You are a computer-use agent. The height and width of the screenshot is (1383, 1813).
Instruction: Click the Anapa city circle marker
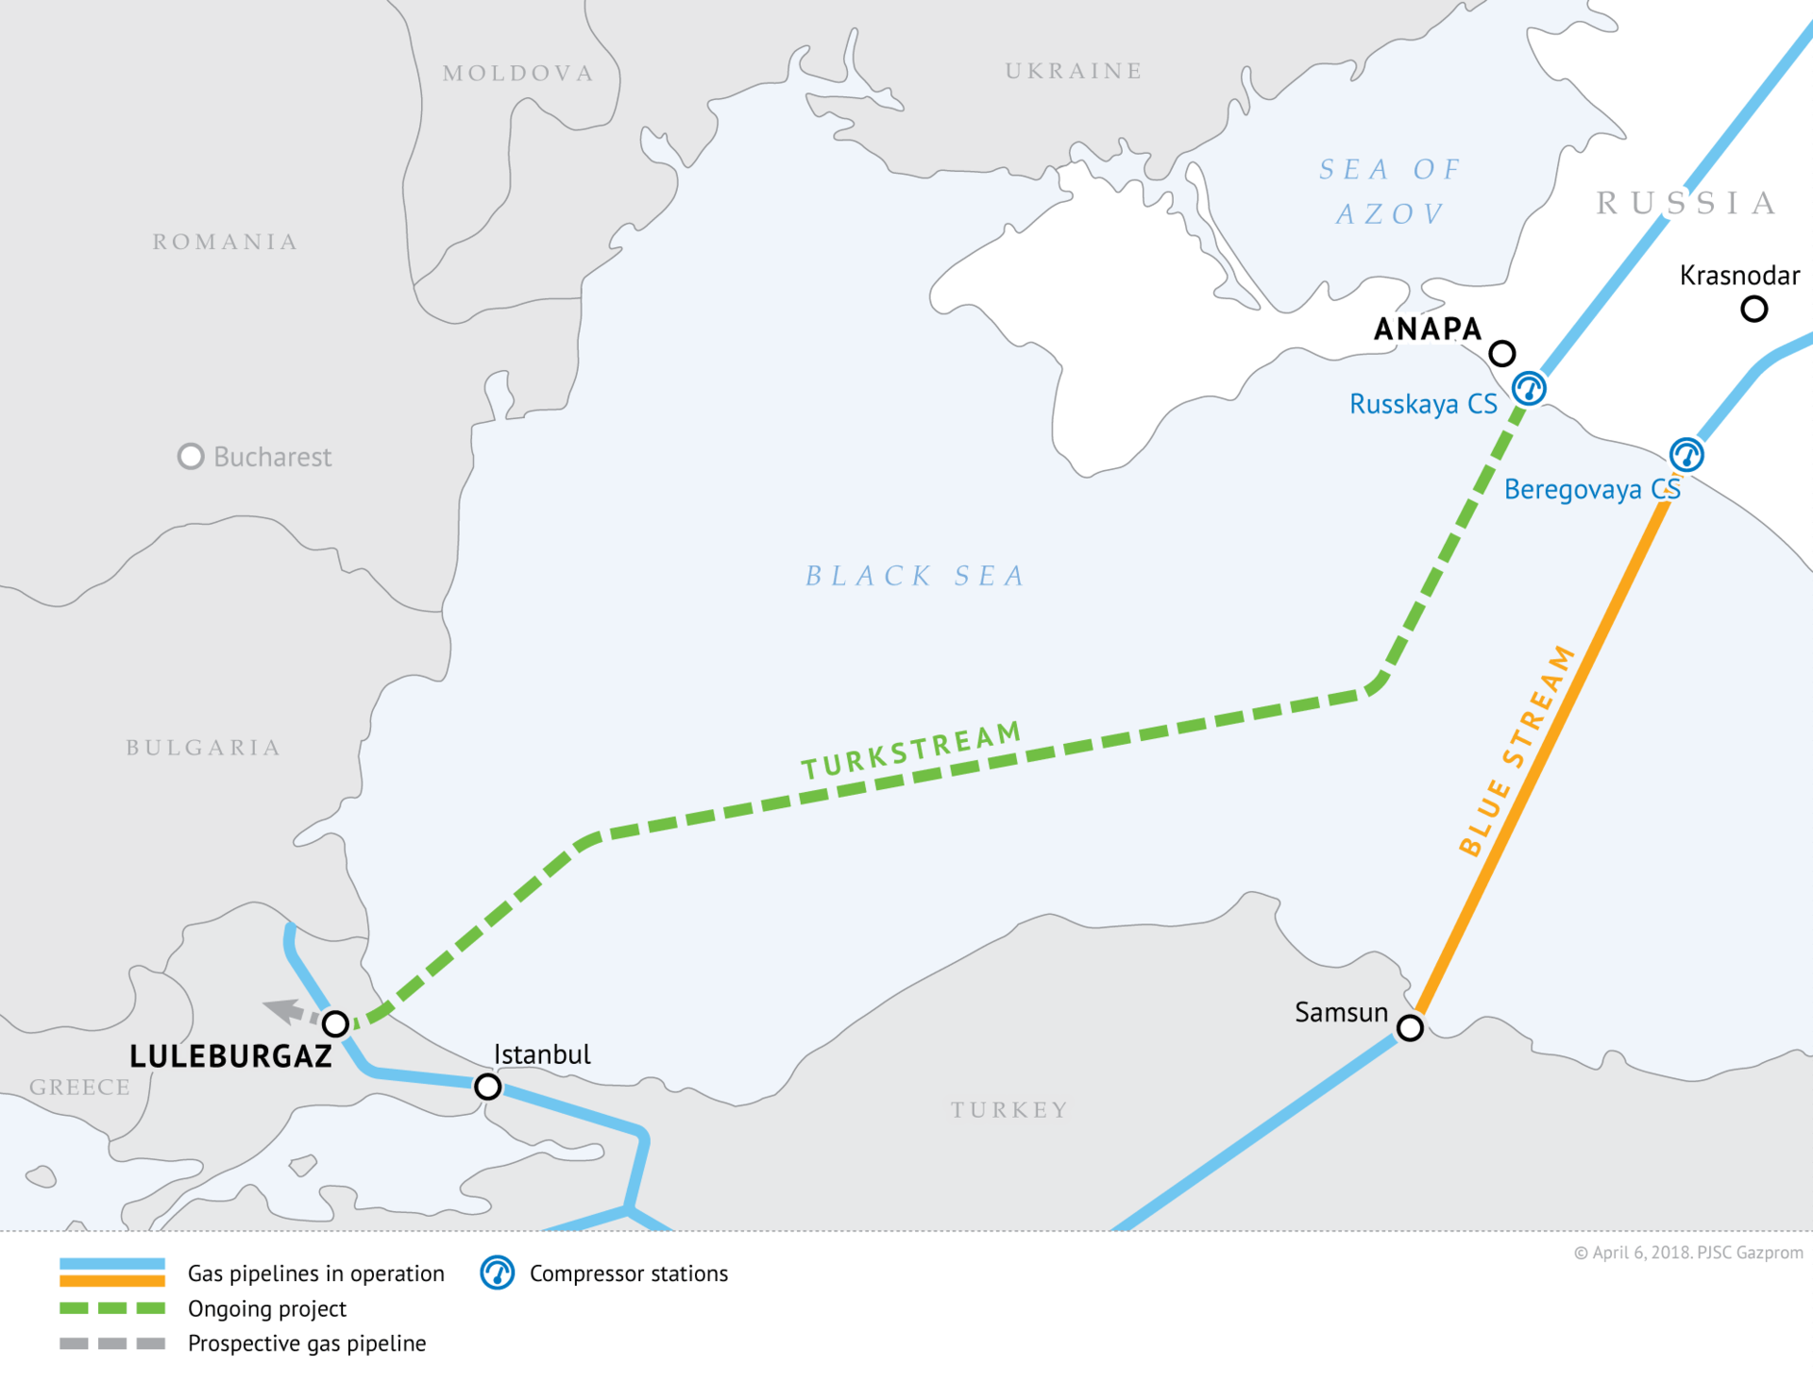tap(1501, 354)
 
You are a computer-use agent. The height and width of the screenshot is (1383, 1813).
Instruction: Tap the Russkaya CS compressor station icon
tap(1529, 388)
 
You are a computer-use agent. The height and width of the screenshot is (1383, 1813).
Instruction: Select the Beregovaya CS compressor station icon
tap(1686, 455)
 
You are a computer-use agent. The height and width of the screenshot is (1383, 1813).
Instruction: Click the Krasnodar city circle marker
tap(1754, 309)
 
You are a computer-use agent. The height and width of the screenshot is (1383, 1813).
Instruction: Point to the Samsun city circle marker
tap(1410, 1027)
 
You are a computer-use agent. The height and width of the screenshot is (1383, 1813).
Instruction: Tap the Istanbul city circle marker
tap(487, 1087)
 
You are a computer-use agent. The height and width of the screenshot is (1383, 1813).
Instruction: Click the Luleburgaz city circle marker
tap(335, 1023)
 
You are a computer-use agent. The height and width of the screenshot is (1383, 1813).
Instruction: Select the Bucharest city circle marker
tap(191, 457)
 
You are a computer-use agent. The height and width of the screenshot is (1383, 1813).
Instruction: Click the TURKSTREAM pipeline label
tap(911, 751)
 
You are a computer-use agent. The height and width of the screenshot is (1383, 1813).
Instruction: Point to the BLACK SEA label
tap(914, 576)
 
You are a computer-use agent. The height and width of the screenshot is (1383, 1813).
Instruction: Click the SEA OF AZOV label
tap(1389, 192)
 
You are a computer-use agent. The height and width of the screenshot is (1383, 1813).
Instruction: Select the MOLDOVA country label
tap(518, 74)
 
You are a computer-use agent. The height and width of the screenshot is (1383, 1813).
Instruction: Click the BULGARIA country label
tap(203, 748)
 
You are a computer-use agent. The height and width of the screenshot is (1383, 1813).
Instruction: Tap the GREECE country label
tap(80, 1088)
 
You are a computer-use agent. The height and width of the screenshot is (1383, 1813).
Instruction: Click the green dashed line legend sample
tap(111, 1308)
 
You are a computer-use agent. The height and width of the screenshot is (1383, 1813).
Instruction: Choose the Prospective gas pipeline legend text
tap(307, 1343)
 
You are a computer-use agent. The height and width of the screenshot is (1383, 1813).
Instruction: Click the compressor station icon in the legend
tap(497, 1273)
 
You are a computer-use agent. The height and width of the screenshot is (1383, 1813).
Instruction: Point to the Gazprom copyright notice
tap(1687, 1253)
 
